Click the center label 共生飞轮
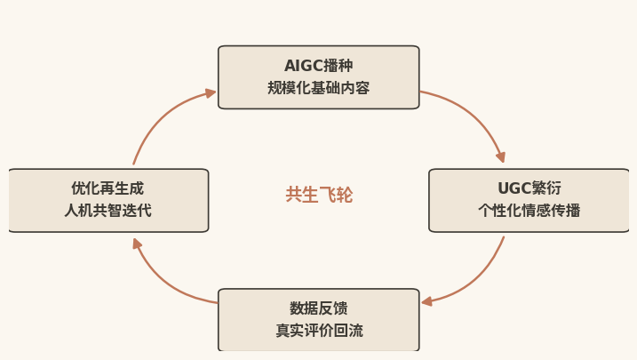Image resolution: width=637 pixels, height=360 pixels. (319, 195)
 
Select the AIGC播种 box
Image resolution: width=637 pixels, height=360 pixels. (318, 77)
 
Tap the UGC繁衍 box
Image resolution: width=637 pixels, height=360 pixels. (529, 200)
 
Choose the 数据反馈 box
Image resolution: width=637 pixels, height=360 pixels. (318, 320)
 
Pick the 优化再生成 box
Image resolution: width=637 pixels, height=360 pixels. (108, 200)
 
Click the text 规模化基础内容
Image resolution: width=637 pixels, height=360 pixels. (318, 88)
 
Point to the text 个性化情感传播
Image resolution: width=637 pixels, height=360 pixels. (529, 211)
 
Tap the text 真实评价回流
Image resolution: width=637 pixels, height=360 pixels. (319, 331)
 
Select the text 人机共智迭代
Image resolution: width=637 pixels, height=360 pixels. (108, 211)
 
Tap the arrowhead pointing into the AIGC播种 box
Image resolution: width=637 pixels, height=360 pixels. (211, 93)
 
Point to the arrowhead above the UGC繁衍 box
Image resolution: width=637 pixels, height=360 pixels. (501, 157)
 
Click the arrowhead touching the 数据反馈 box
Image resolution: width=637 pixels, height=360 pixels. (426, 301)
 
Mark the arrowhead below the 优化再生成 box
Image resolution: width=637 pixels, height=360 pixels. (137, 244)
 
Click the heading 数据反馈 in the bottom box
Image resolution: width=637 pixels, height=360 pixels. (319, 308)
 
